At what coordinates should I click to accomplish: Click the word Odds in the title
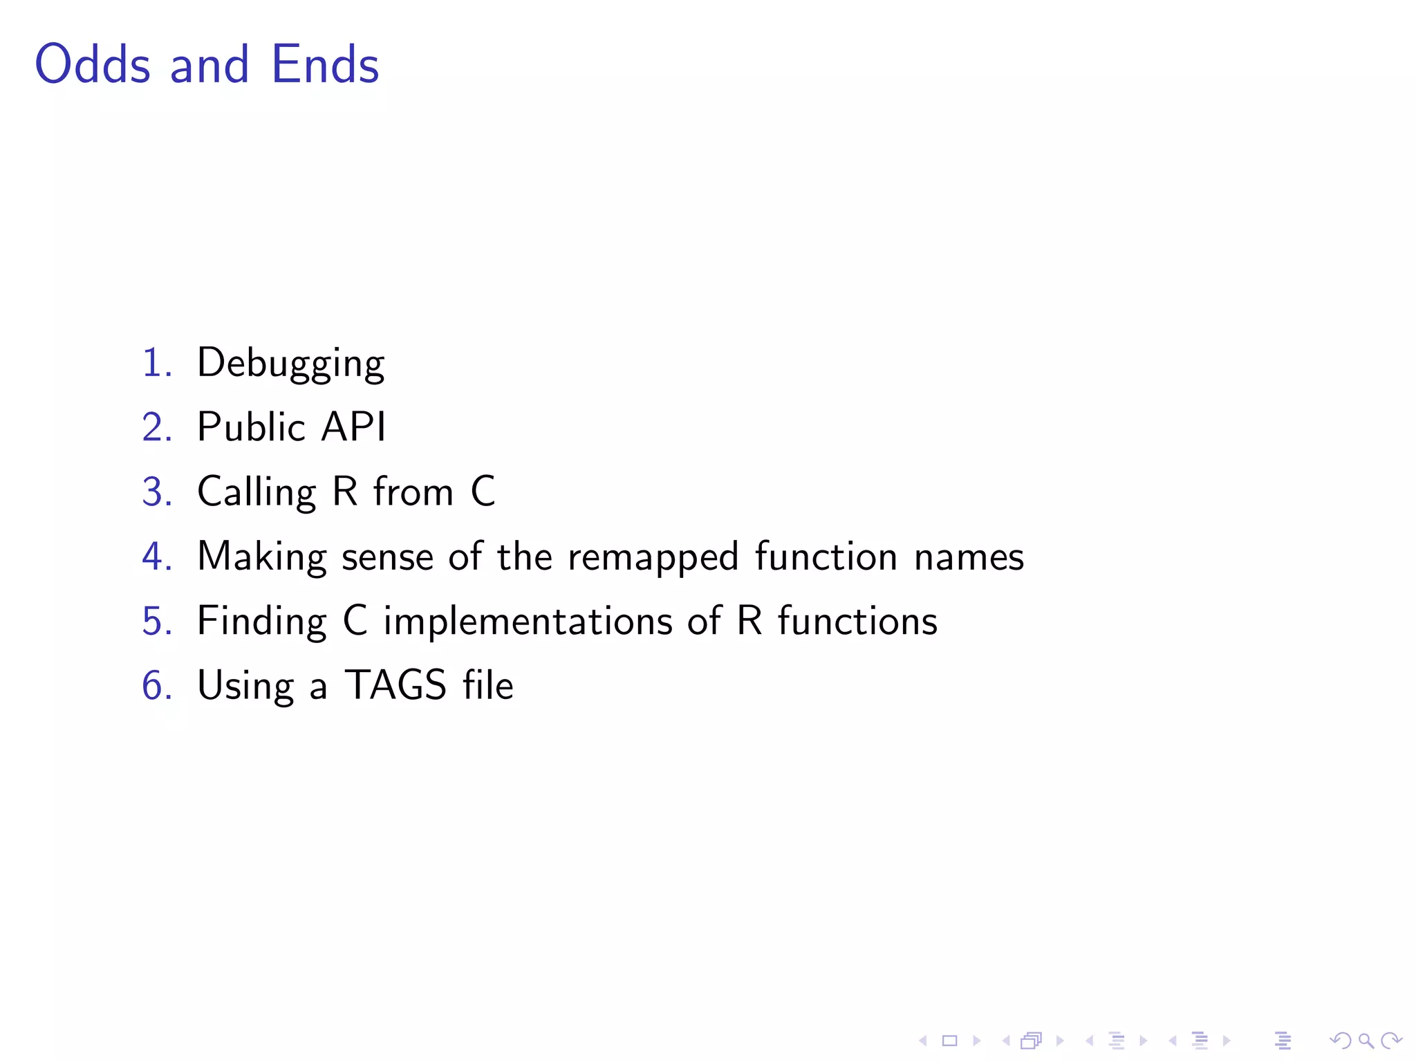click(x=93, y=64)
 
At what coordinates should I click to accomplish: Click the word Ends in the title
click(x=325, y=64)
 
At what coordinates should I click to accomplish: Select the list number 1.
click(x=156, y=362)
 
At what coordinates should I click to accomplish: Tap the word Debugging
click(x=290, y=364)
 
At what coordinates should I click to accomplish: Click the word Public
click(x=251, y=427)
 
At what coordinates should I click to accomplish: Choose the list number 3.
click(x=156, y=492)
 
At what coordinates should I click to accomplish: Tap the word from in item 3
click(x=413, y=492)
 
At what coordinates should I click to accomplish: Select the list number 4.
click(x=156, y=557)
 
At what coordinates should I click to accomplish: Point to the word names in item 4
click(x=969, y=557)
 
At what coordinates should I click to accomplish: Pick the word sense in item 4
click(x=387, y=557)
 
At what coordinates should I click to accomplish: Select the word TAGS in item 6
click(x=395, y=685)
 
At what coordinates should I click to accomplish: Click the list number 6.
click(x=156, y=685)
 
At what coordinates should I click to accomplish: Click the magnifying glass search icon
click(x=1366, y=1041)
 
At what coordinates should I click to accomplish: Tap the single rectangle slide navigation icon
click(x=949, y=1041)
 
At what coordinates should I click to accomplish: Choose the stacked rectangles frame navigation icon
click(x=1031, y=1041)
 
